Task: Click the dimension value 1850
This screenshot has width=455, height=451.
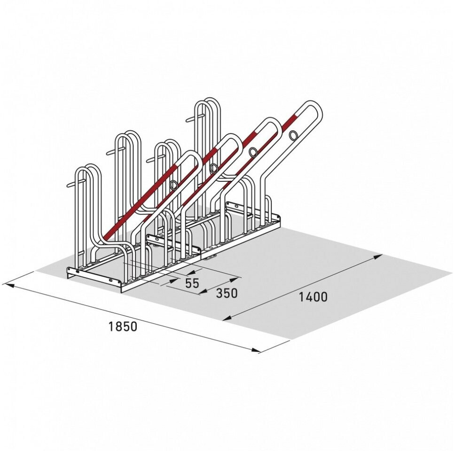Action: pos(123,327)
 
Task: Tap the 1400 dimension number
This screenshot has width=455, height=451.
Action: pos(313,297)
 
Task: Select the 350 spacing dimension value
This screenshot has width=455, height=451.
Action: pos(227,293)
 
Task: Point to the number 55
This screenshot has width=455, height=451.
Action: pos(192,283)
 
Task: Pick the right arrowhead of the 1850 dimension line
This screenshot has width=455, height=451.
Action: pos(256,350)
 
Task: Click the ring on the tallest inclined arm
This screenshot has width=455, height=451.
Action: pos(293,135)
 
